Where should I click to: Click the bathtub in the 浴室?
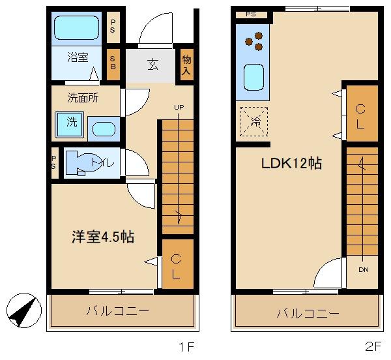(76, 29)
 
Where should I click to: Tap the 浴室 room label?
(78, 57)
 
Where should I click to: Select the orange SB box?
(113, 63)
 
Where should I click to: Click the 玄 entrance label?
(152, 65)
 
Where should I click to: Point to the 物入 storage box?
(186, 65)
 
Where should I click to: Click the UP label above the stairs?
(178, 108)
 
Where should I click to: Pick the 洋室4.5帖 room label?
(102, 237)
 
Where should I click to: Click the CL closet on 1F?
(177, 265)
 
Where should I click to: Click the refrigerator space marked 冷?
(253, 121)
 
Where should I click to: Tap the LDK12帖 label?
(291, 163)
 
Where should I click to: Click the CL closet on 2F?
(360, 113)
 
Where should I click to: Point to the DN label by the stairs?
(362, 268)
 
